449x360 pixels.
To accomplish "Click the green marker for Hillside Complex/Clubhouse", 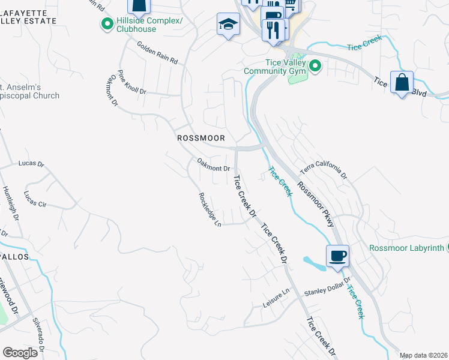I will coord(107,24).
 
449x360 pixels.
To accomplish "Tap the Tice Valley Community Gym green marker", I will coord(314,66).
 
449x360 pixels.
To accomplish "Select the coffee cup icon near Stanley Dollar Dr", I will coord(338,256).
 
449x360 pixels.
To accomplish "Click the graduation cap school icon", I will coord(228,25).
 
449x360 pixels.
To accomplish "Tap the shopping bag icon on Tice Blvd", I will coord(401,82).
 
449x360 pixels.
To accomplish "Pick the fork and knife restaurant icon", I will coord(273,29).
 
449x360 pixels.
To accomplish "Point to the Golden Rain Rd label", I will coord(157,53).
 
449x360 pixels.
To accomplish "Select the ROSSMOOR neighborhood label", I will coord(201,138).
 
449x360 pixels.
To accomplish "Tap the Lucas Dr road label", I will coord(31,163).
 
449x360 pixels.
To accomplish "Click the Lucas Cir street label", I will coord(35,199).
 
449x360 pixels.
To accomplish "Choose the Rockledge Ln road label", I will coord(211,209).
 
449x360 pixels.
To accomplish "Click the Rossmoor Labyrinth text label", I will coord(406,248).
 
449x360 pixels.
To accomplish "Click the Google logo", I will coord(20,353).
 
